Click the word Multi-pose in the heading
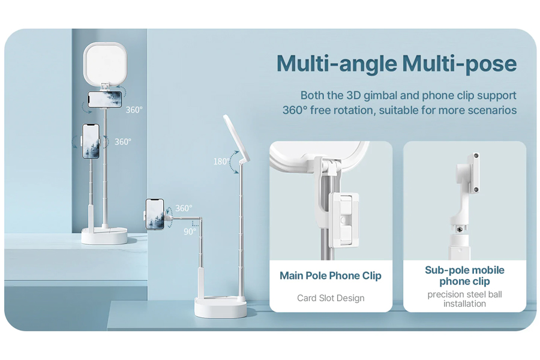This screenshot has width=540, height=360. click(x=459, y=64)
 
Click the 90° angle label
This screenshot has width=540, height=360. click(x=190, y=232)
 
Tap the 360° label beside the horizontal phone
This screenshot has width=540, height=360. click(x=134, y=110)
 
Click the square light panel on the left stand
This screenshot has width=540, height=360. click(x=106, y=63)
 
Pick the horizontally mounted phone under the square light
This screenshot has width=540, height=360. click(x=104, y=99)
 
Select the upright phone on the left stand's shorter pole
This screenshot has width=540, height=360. click(x=91, y=141)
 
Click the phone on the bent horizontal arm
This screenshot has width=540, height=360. click(x=155, y=214)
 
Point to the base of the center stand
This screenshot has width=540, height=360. click(x=220, y=308)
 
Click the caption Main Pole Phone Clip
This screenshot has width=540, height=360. click(x=331, y=275)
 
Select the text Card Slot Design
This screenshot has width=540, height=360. click(x=331, y=298)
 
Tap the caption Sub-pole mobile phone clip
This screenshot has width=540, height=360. click(x=464, y=275)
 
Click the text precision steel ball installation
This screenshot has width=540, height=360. click(x=464, y=299)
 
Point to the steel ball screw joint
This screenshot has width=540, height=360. click(x=459, y=229)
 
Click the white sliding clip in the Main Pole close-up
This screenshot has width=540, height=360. click(x=344, y=220)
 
